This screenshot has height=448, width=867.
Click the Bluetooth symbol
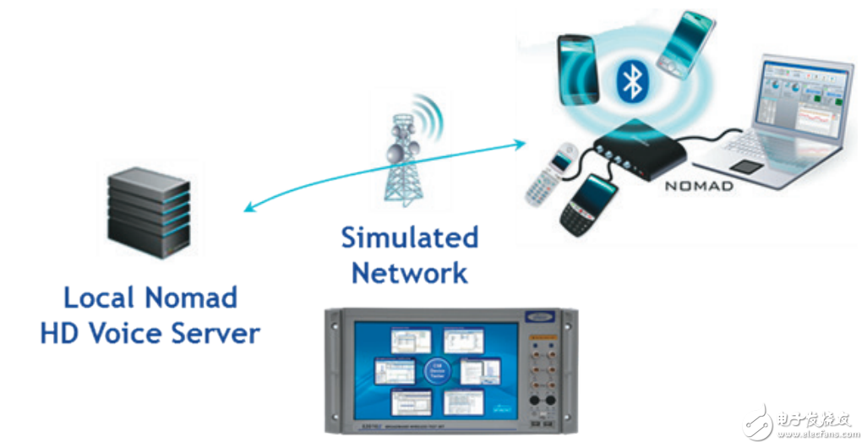(x=630, y=80)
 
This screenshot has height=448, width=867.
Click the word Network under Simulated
(x=409, y=273)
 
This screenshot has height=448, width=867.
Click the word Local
(x=100, y=298)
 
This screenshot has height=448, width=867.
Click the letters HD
(x=61, y=333)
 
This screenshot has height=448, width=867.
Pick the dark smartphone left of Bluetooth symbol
(x=578, y=68)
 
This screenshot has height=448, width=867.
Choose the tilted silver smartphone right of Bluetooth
(x=685, y=45)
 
